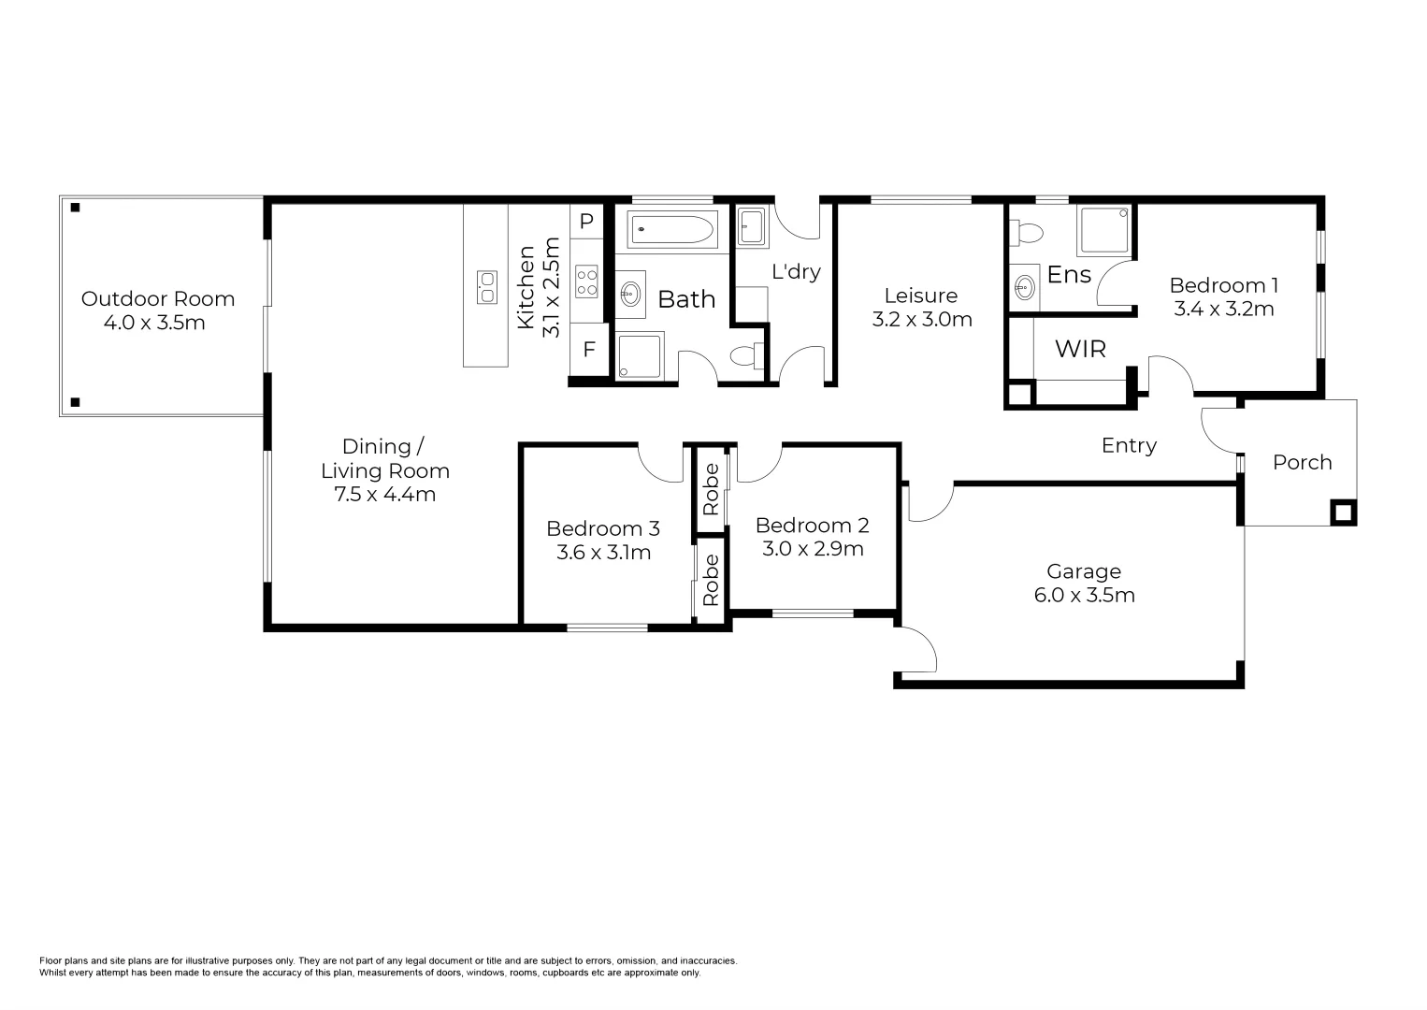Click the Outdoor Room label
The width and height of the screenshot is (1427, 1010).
click(x=157, y=299)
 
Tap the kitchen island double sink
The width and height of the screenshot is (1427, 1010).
click(x=487, y=287)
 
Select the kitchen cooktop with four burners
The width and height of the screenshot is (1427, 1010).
click(x=586, y=281)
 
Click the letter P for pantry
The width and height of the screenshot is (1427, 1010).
click(x=586, y=222)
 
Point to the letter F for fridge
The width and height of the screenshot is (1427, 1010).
click(x=589, y=350)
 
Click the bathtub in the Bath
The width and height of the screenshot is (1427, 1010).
click(x=672, y=228)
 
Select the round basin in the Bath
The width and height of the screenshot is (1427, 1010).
click(x=630, y=294)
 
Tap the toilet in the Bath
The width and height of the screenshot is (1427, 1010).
click(x=745, y=355)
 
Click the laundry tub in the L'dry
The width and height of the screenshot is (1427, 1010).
click(x=751, y=225)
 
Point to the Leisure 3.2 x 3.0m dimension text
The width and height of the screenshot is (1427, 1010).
click(x=922, y=320)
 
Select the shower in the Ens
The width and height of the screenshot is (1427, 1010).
click(x=1103, y=230)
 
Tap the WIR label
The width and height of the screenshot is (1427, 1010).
click(x=1080, y=349)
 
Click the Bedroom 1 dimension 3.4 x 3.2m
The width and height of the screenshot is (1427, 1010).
click(x=1224, y=309)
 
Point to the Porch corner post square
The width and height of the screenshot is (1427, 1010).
click(x=1343, y=512)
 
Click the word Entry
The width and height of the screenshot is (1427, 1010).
click(x=1129, y=446)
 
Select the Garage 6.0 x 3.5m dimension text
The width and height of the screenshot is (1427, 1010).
click(x=1085, y=595)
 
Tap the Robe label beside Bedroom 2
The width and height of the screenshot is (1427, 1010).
click(x=711, y=489)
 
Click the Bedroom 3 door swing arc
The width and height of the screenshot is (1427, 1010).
click(x=660, y=465)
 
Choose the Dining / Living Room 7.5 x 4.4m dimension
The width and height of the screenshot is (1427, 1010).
click(x=385, y=495)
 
